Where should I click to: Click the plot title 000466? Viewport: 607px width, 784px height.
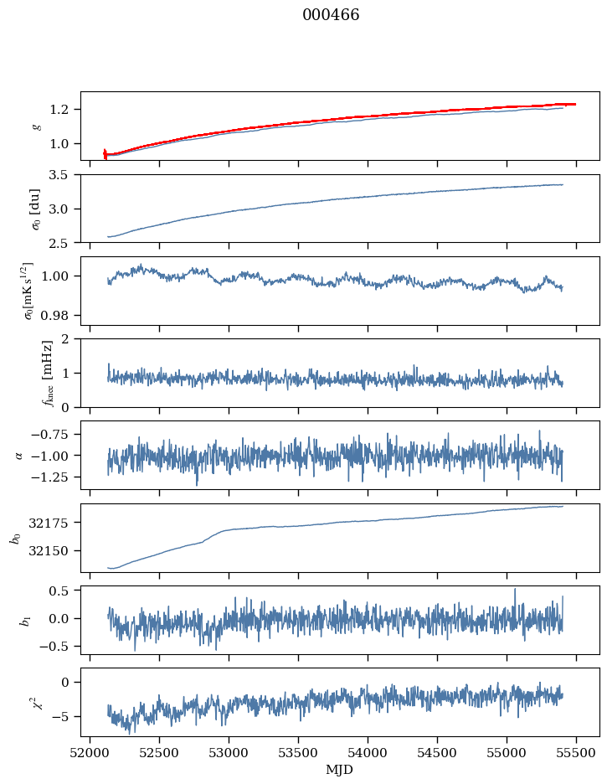(x=331, y=15)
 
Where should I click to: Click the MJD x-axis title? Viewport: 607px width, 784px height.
(x=340, y=769)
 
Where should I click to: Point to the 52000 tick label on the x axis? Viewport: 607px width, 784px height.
(x=90, y=752)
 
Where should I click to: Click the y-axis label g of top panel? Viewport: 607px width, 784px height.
(x=36, y=126)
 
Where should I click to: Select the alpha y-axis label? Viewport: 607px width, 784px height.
(x=19, y=455)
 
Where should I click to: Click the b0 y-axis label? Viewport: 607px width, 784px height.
(x=15, y=538)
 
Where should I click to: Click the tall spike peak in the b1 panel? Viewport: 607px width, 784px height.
(x=515, y=589)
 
